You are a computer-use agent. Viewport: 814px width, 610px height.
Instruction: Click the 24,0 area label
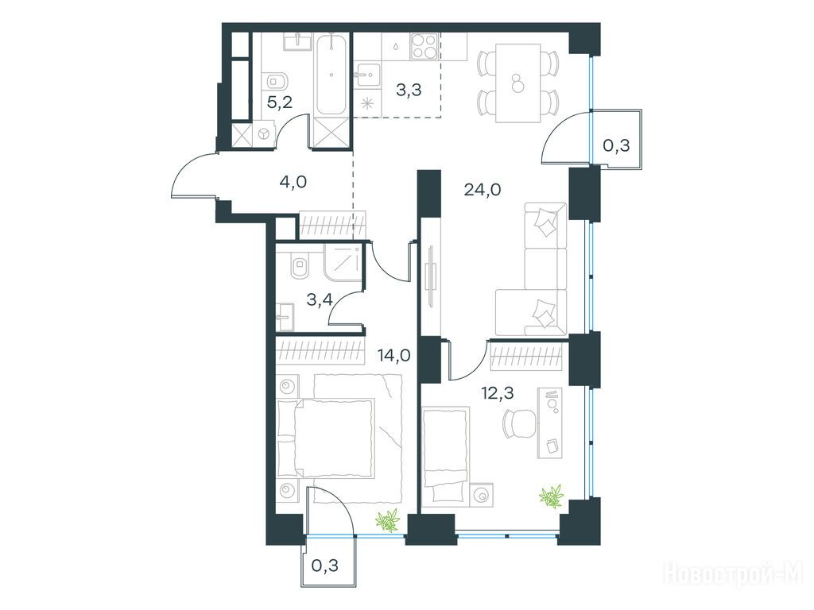pyautogui.click(x=483, y=191)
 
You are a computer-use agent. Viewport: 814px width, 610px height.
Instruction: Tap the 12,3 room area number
pyautogui.click(x=497, y=394)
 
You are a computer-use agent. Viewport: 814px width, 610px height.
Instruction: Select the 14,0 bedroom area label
pyautogui.click(x=394, y=356)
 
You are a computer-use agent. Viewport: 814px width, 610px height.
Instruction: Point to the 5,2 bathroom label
pyautogui.click(x=279, y=102)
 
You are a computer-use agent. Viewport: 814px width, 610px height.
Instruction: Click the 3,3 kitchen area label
pyautogui.click(x=409, y=90)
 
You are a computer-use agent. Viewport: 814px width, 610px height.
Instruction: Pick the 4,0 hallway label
pyautogui.click(x=294, y=182)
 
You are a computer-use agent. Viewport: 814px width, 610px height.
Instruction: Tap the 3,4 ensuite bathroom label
pyautogui.click(x=320, y=299)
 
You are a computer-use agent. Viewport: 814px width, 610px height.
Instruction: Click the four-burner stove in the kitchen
pyautogui.click(x=425, y=46)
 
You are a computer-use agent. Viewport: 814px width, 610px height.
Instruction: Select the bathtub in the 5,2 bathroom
pyautogui.click(x=331, y=74)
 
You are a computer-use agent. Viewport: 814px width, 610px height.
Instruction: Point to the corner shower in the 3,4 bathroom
pyautogui.click(x=342, y=264)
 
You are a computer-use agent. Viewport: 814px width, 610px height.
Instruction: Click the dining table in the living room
pyautogui.click(x=517, y=83)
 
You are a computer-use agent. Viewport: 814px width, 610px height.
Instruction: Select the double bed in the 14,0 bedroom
pyautogui.click(x=326, y=438)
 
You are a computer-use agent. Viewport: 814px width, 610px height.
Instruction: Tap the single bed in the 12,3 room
pyautogui.click(x=446, y=455)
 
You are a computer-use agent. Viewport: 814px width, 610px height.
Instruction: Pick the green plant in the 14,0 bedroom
pyautogui.click(x=388, y=521)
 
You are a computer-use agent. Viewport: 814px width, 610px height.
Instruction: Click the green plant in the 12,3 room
pyautogui.click(x=552, y=496)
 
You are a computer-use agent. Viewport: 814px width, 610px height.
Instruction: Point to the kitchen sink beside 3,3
pyautogui.click(x=368, y=75)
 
